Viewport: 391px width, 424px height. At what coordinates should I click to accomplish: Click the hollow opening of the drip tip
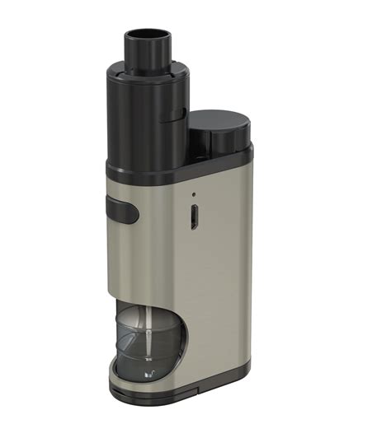click(x=146, y=35)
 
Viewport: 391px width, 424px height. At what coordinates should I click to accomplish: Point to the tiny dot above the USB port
click(x=194, y=195)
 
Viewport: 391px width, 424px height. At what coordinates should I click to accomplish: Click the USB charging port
click(x=194, y=216)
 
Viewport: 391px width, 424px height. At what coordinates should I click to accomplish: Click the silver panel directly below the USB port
click(x=194, y=272)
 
